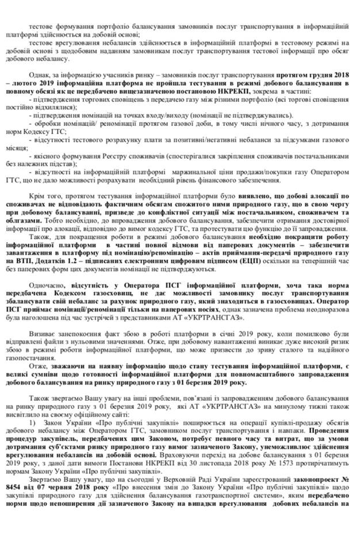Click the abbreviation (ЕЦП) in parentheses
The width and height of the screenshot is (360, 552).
pos(239,260)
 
